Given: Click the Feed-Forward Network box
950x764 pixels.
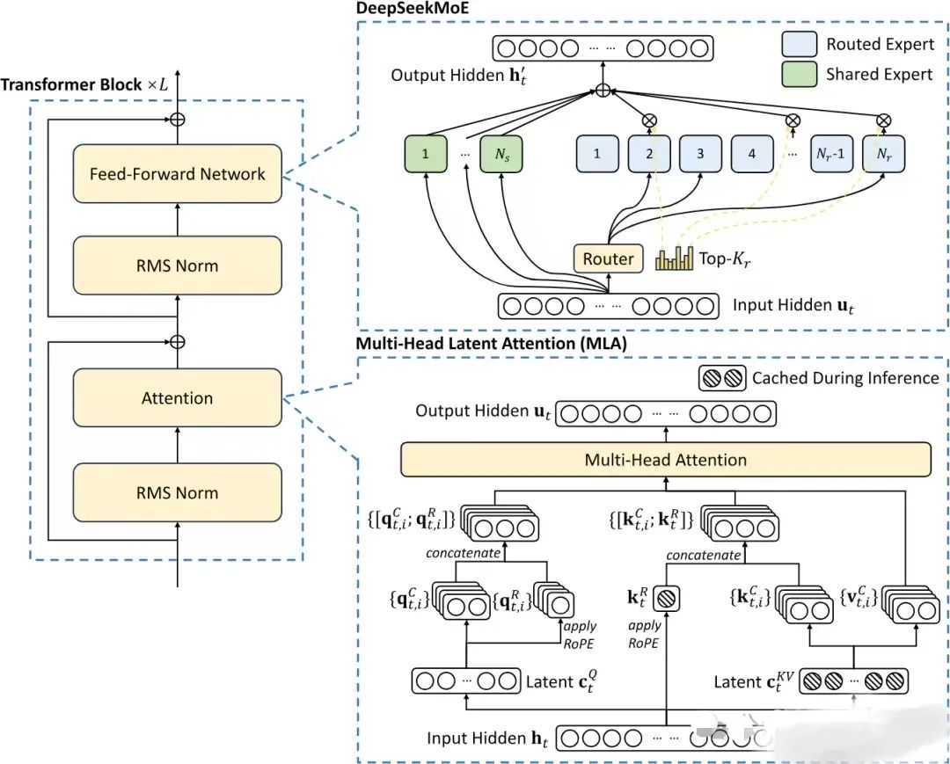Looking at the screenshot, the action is [x=177, y=174].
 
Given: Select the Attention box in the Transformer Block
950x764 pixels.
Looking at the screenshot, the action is [x=177, y=397].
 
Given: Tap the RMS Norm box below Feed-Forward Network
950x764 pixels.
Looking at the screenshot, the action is [x=177, y=266].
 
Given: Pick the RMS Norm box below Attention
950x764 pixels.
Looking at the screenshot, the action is [x=177, y=492].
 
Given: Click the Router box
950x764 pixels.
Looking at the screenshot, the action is [x=609, y=258].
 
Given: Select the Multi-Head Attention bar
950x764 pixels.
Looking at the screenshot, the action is [x=666, y=460].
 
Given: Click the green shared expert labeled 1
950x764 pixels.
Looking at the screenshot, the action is [x=426, y=154].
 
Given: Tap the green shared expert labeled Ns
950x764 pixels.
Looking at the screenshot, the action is [x=501, y=154].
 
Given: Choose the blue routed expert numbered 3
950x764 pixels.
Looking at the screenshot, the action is [x=700, y=154].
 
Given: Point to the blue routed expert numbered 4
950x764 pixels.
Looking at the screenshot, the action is [x=752, y=154].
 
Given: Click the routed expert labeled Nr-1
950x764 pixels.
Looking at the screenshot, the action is [x=830, y=154].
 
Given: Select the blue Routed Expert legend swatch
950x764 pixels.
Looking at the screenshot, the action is [x=799, y=44].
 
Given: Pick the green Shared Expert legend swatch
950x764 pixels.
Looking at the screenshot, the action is [x=799, y=74].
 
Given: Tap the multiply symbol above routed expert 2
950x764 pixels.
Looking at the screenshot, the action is [x=649, y=120].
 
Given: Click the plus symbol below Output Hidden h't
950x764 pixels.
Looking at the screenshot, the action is [x=603, y=91].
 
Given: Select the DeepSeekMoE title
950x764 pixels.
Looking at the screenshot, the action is [x=413, y=8].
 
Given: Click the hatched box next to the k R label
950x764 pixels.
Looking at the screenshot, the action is [x=667, y=599].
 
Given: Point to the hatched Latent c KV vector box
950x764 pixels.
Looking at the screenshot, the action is [x=853, y=681].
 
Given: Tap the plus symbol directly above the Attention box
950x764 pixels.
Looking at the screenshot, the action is [x=177, y=342].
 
